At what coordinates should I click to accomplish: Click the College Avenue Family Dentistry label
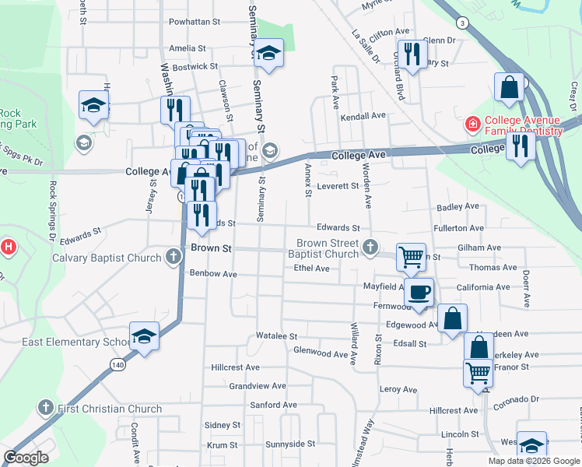tap(523, 125)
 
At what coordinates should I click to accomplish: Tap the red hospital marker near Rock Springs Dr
tap(8, 248)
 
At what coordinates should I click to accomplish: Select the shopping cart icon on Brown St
tap(411, 257)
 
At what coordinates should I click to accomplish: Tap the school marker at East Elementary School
tap(144, 336)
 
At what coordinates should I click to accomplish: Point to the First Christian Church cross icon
tap(45, 408)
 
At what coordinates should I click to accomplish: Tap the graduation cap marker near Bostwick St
tap(269, 54)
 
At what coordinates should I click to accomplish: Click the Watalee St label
tap(277, 336)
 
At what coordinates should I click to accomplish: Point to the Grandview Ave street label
tap(257, 386)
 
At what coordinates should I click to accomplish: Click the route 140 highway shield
tap(117, 363)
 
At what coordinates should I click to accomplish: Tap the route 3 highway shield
tap(462, 23)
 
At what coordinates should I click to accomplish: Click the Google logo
tap(26, 457)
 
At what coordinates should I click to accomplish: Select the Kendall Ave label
tap(363, 115)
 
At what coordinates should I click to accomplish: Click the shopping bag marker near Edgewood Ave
tap(452, 319)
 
